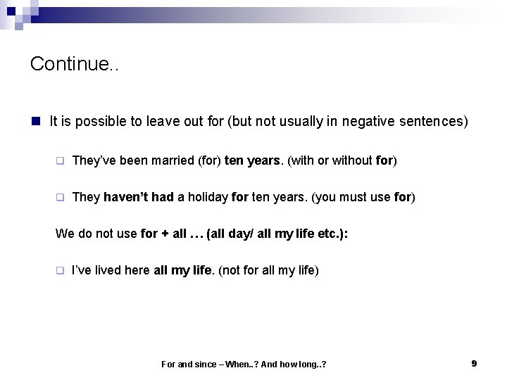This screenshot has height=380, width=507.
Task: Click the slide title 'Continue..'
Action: (x=75, y=65)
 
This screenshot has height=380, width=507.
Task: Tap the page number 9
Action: (x=474, y=363)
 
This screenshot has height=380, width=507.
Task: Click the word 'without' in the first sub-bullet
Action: (x=350, y=160)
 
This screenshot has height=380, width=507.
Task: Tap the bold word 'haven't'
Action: (x=127, y=197)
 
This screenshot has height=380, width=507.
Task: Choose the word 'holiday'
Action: (x=208, y=197)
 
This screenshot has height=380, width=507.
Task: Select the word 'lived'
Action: (x=106, y=270)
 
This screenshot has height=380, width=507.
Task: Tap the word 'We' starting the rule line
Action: (x=63, y=233)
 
